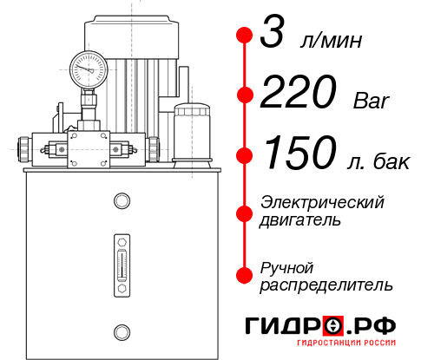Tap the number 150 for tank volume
(x=299, y=154)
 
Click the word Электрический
(x=322, y=202)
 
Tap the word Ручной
(x=286, y=266)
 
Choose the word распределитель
(x=326, y=285)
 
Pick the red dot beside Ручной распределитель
(x=244, y=274)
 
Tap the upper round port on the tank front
(x=122, y=201)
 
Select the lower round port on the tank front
(x=122, y=330)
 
